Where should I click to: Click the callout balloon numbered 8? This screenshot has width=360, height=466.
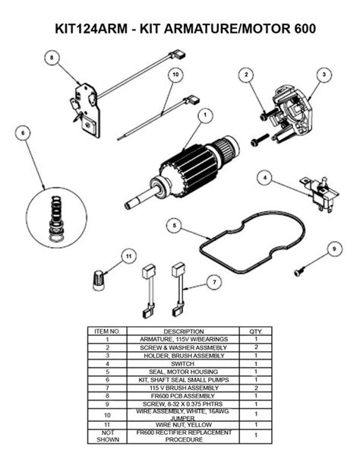[52, 57]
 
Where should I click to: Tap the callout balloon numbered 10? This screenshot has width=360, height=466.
[174, 74]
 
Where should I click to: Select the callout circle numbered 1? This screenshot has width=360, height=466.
[204, 116]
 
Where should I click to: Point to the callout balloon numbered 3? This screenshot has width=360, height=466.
[324, 74]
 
